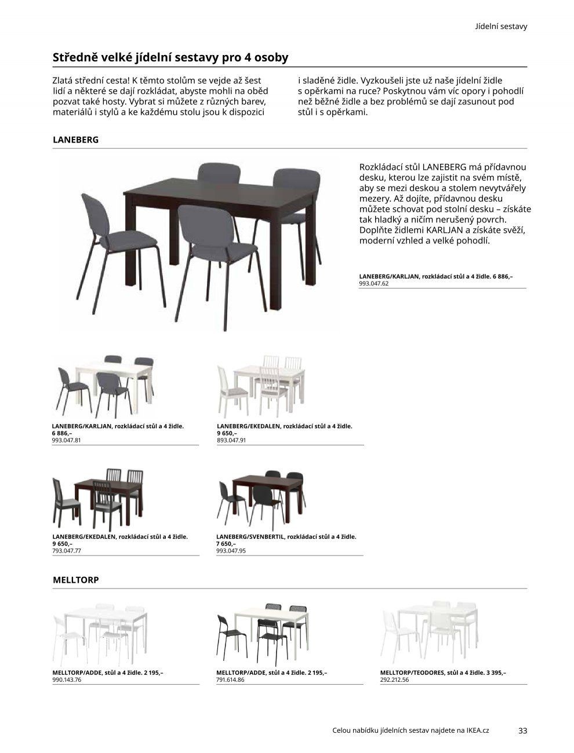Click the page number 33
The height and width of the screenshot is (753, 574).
(x=522, y=730)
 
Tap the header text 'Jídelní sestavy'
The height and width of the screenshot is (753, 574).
(x=501, y=27)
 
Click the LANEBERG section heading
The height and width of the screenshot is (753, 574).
(x=75, y=140)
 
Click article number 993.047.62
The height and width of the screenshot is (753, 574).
(x=373, y=284)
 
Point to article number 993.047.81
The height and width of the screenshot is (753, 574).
(x=66, y=440)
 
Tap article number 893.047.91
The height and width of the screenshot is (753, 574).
(x=231, y=440)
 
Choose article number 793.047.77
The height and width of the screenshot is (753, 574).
(x=66, y=551)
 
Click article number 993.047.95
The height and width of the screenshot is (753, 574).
(x=231, y=551)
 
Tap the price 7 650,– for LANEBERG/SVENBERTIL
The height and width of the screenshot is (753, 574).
(x=226, y=544)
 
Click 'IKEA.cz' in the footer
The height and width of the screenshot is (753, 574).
(x=477, y=730)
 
